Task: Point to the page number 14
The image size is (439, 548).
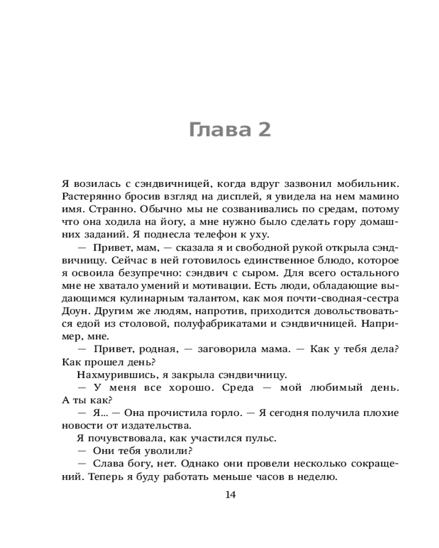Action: (x=230, y=495)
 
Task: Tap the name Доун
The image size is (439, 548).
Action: (x=76, y=310)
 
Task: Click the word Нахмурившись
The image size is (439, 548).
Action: (x=111, y=375)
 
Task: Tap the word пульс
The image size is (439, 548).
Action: (x=261, y=438)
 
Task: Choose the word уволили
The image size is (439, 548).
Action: (x=169, y=451)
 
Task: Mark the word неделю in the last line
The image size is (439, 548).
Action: (x=316, y=476)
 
